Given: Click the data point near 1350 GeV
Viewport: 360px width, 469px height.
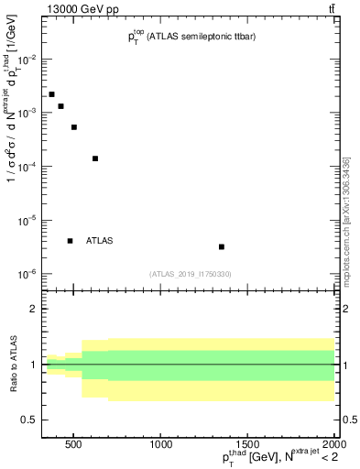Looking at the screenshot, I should pyautogui.click(x=222, y=246).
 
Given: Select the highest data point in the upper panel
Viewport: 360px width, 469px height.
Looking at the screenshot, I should pyautogui.click(x=51, y=94).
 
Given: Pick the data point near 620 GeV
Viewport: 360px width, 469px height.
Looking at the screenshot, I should pyautogui.click(x=95, y=158).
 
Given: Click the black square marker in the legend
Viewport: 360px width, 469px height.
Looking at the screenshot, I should pyautogui.click(x=70, y=241).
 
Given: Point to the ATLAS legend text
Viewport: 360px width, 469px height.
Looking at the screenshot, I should pyautogui.click(x=99, y=241).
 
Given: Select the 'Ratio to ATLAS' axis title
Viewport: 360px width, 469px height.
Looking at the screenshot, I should pyautogui.click(x=12, y=365).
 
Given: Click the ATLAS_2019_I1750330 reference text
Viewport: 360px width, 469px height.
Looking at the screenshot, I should pyautogui.click(x=190, y=274).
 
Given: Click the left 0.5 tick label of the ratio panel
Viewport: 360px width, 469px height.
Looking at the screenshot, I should pyautogui.click(x=27, y=420).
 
